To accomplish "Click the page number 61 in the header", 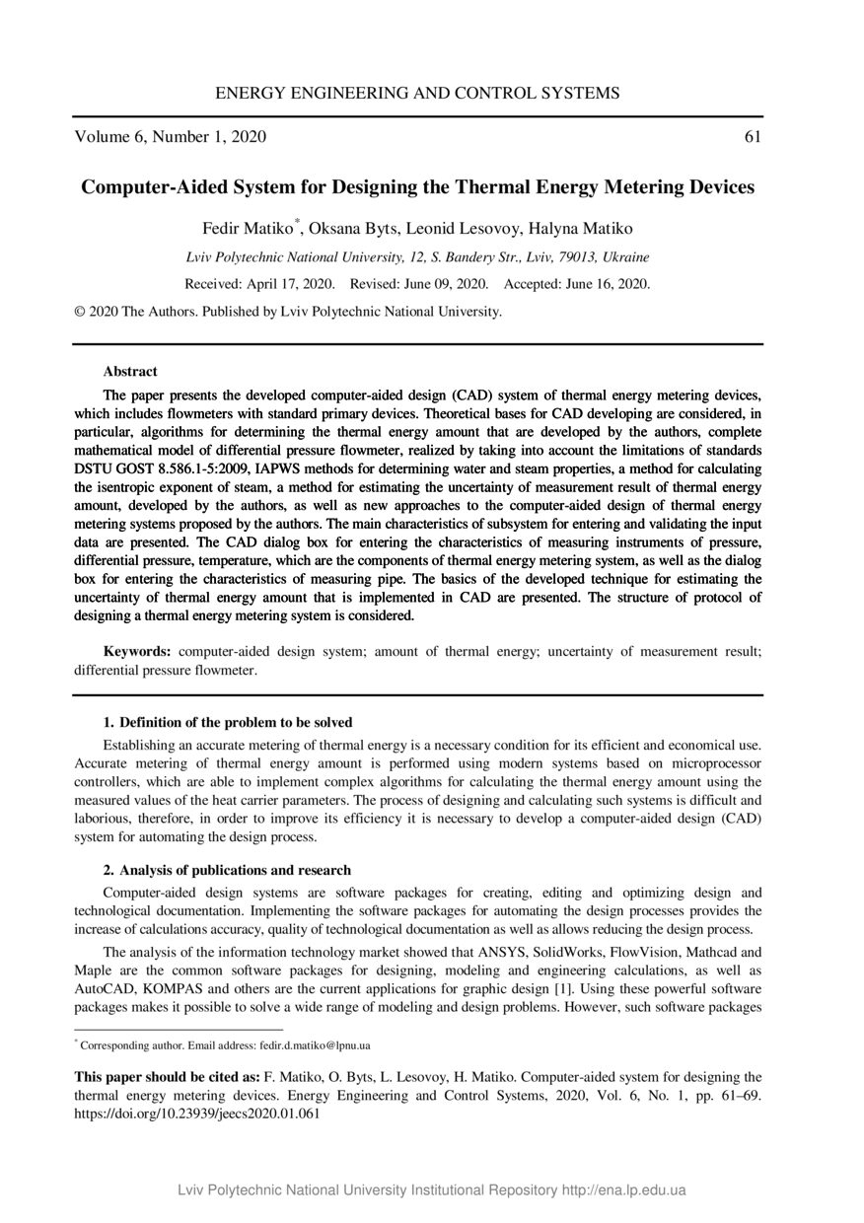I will (752, 137).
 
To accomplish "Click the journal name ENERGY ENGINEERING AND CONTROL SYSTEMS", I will (417, 94).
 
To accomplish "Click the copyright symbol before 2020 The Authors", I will (80, 312).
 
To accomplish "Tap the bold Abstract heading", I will (129, 372).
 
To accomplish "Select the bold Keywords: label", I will (138, 652).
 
